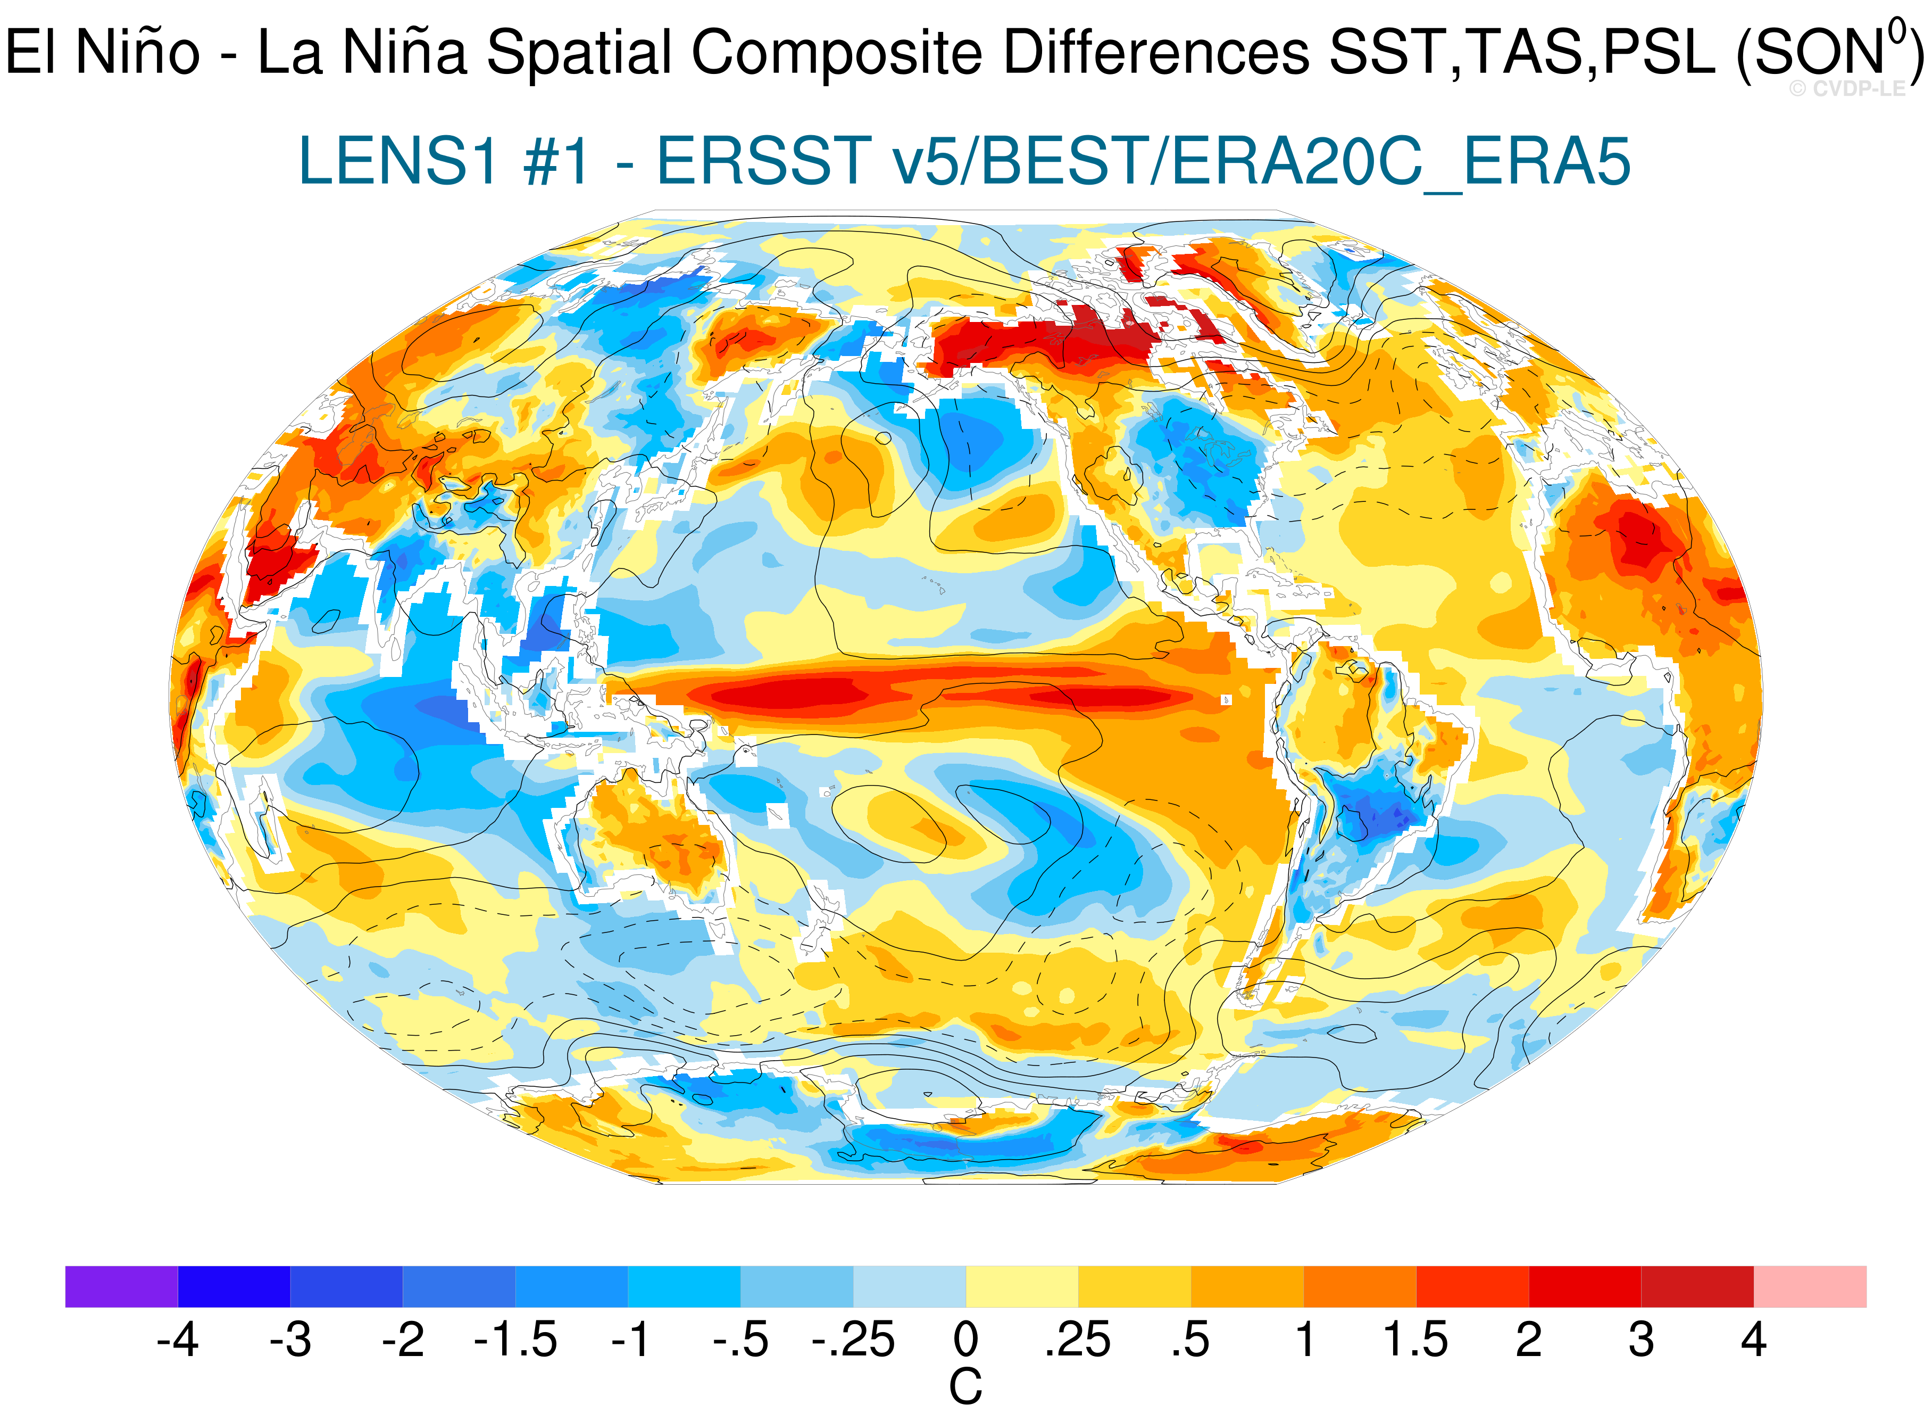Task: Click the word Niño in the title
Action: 138,52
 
